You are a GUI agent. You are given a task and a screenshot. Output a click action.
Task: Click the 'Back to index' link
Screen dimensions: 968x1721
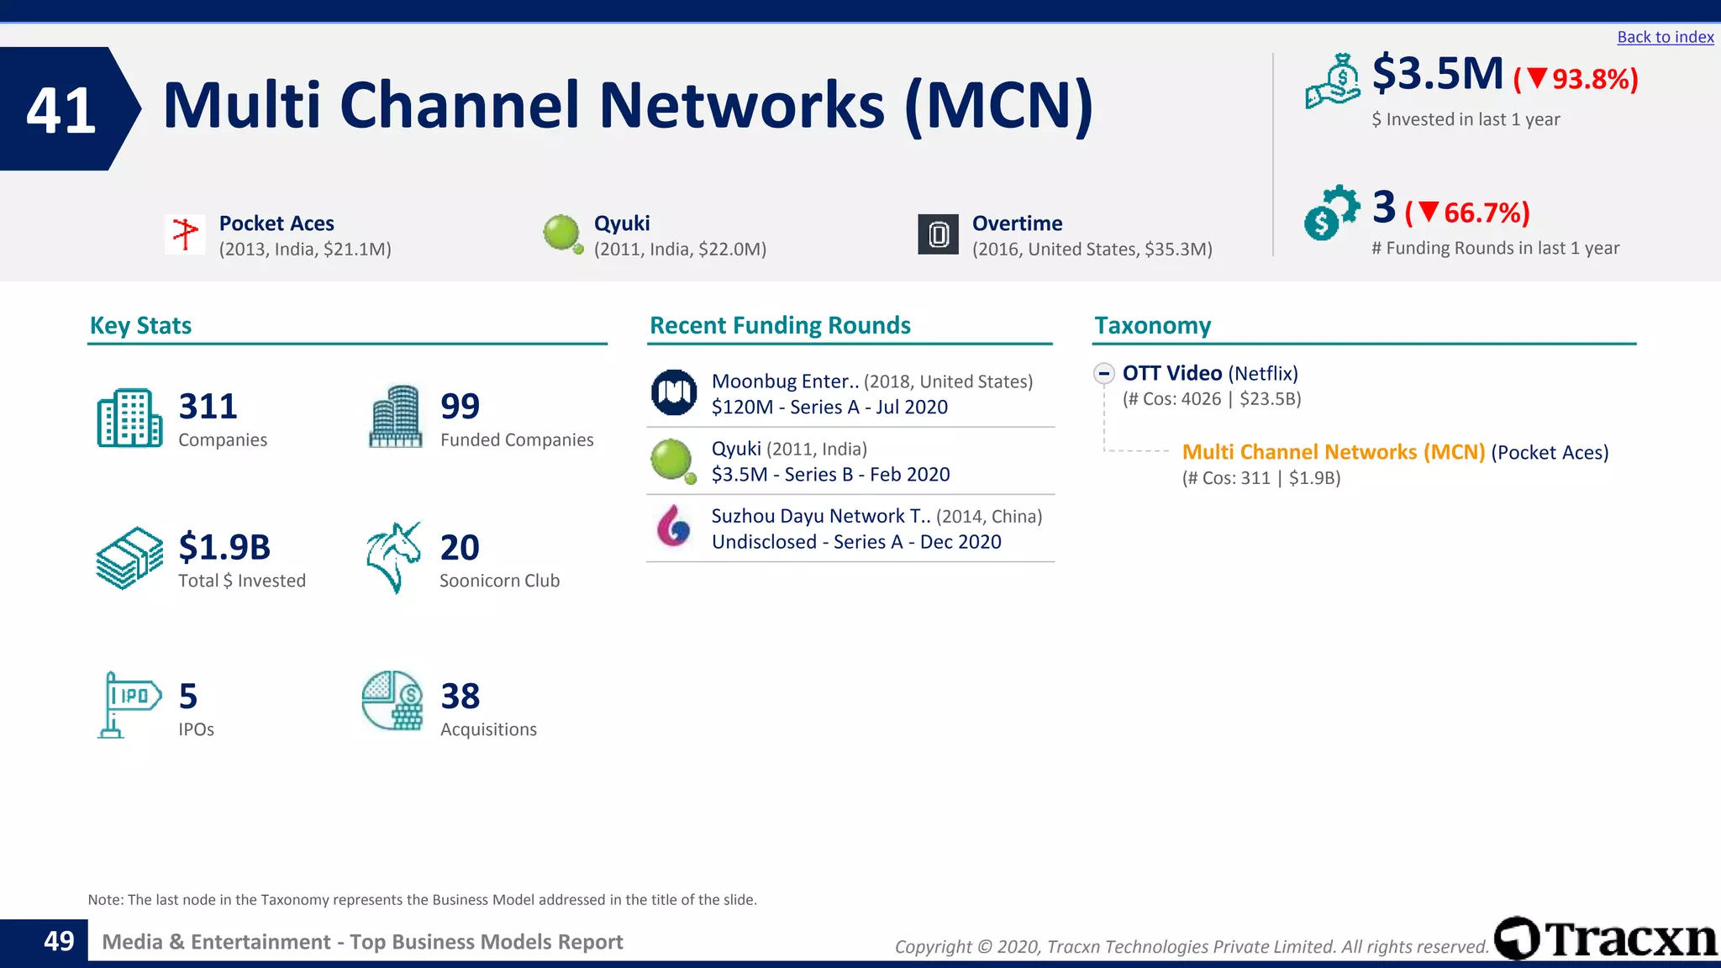pyautogui.click(x=1665, y=37)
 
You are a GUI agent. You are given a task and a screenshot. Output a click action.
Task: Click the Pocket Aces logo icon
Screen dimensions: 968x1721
pyautogui.click(x=185, y=233)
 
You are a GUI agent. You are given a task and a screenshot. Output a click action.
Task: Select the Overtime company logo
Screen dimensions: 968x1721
pyautogui.click(x=938, y=234)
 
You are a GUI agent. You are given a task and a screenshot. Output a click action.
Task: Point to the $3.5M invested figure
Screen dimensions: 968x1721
pyautogui.click(x=1437, y=74)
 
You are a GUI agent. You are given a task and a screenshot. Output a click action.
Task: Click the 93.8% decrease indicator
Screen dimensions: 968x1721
pyautogui.click(x=1576, y=79)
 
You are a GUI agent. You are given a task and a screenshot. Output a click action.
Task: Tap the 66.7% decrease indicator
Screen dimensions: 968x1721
pyautogui.click(x=1467, y=213)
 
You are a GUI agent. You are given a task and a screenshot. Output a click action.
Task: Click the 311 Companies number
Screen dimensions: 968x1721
pyautogui.click(x=208, y=407)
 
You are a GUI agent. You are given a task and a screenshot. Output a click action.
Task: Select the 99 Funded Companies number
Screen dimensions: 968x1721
pyautogui.click(x=460, y=407)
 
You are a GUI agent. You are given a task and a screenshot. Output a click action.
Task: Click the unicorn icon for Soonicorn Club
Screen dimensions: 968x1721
pyautogui.click(x=393, y=557)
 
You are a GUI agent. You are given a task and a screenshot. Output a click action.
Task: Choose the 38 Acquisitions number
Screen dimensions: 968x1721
pyautogui.click(x=460, y=697)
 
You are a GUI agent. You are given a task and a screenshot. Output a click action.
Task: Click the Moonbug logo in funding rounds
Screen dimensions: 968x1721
pyautogui.click(x=674, y=392)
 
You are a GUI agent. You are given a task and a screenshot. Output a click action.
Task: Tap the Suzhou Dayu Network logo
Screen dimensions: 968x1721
pyautogui.click(x=674, y=526)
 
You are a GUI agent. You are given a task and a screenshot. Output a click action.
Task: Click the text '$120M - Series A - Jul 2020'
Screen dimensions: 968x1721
pyautogui.click(x=829, y=408)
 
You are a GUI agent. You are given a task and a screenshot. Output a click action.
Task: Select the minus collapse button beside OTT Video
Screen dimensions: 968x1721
pyautogui.click(x=1104, y=373)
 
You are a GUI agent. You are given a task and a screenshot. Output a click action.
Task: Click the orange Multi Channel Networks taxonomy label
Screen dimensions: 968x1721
pyautogui.click(x=1333, y=452)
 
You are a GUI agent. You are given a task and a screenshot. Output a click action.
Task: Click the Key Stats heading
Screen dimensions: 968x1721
pyautogui.click(x=140, y=325)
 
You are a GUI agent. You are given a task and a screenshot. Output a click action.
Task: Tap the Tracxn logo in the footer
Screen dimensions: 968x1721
pyautogui.click(x=1606, y=939)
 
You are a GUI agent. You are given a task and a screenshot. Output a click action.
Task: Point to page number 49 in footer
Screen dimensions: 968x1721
pyautogui.click(x=59, y=941)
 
